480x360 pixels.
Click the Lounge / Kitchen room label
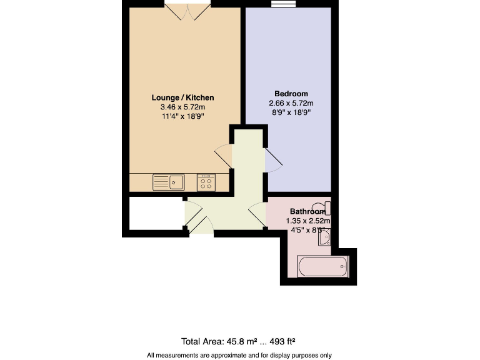pyautogui.click(x=182, y=98)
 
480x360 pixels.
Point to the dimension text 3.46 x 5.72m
pyautogui.click(x=182, y=107)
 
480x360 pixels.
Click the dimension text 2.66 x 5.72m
pyautogui.click(x=291, y=103)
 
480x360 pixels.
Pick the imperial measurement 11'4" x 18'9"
pyautogui.click(x=182, y=117)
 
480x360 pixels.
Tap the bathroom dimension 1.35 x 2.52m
pyautogui.click(x=307, y=221)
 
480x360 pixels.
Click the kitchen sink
pyautogui.click(x=168, y=182)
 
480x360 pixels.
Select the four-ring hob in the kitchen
pyautogui.click(x=206, y=182)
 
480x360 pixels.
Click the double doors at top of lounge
pyautogui.click(x=187, y=10)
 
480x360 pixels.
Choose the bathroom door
pyautogui.click(x=257, y=215)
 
